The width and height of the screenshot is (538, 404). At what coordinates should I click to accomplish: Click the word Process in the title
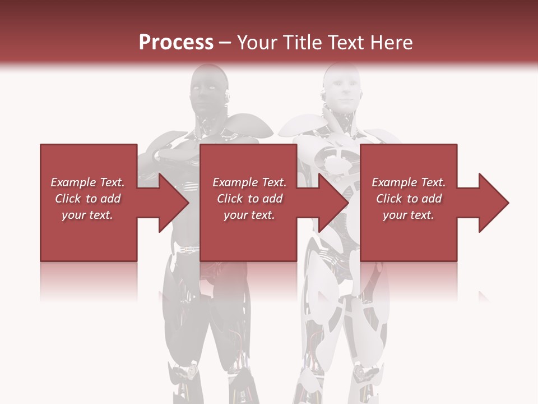[x=176, y=43]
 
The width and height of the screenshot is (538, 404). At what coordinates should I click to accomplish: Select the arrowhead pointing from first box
[x=171, y=203]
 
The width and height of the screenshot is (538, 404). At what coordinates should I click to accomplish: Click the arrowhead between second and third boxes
[x=332, y=203]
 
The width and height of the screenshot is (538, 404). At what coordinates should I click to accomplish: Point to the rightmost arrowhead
[x=492, y=203]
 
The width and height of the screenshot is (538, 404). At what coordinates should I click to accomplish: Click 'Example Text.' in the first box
[x=87, y=182]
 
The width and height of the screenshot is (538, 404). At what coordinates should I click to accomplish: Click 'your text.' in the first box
[x=87, y=215]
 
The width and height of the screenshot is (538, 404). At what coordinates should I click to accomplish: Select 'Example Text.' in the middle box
[x=249, y=182]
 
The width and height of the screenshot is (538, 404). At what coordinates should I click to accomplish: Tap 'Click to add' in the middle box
[x=249, y=199]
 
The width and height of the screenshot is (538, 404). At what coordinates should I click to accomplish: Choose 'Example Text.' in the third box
[x=409, y=182]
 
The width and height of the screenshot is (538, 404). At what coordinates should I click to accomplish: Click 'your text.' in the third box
[x=409, y=215]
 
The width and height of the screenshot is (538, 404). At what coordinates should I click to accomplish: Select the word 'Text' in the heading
[x=343, y=43]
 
